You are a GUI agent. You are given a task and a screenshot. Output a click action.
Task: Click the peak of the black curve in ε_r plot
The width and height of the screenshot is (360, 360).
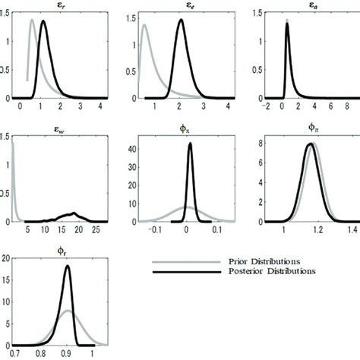[43, 21]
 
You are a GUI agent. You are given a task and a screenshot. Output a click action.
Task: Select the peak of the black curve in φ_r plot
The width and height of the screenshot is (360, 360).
[68, 267]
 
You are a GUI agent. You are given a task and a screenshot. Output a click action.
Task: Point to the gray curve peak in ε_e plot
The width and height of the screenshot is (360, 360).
[144, 25]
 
